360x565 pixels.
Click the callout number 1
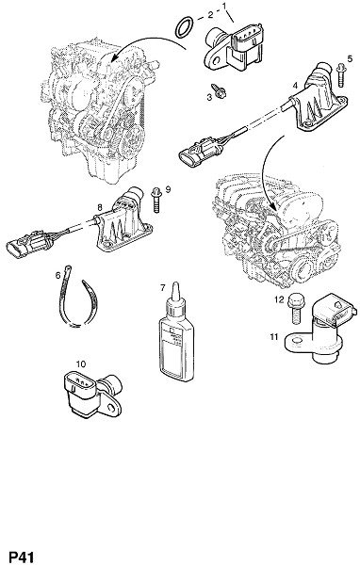pyautogui.click(x=224, y=6)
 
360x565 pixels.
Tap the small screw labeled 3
pyautogui.click(x=219, y=90)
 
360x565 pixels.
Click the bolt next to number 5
pyautogui.click(x=340, y=75)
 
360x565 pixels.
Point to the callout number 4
pyautogui.click(x=295, y=86)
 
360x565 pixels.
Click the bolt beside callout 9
pyautogui.click(x=156, y=200)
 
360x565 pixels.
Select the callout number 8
pyautogui.click(x=100, y=207)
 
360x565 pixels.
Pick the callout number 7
pyautogui.click(x=163, y=288)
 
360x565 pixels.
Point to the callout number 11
pyautogui.click(x=274, y=337)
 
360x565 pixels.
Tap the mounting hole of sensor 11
pyautogui.click(x=296, y=341)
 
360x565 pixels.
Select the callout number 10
pyautogui.click(x=81, y=364)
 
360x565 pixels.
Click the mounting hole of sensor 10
pyautogui.click(x=111, y=408)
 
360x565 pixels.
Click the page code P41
pyautogui.click(x=21, y=557)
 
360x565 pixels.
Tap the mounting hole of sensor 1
pyautogui.click(x=216, y=60)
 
